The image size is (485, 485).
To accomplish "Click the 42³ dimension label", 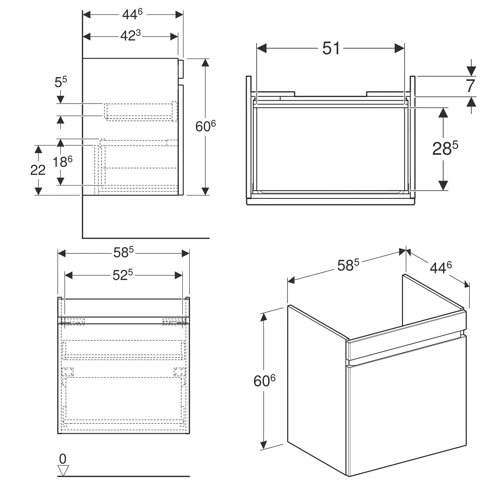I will tap(130, 36).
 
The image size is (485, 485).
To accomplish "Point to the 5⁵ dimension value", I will tap(60, 82).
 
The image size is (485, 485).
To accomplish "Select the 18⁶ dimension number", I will tap(62, 161).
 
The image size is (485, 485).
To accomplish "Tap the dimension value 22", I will tap(38, 170).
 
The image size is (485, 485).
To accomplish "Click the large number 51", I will tap(331, 49).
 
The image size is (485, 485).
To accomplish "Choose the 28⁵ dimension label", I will tap(445, 148).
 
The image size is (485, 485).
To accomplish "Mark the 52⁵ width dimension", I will tap(123, 275).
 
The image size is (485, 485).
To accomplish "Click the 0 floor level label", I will tap(63, 458).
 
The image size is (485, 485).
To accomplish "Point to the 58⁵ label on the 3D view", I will tap(348, 265).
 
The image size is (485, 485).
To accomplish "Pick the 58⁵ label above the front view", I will tap(123, 253).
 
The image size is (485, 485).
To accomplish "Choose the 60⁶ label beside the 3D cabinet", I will tap(264, 381).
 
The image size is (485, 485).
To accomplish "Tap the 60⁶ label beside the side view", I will tap(205, 126).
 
